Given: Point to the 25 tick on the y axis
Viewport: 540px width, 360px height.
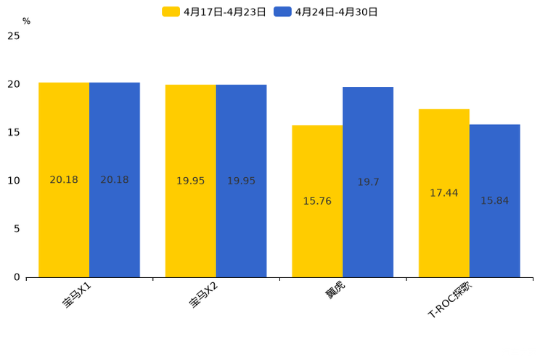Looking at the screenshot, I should [x=13, y=36].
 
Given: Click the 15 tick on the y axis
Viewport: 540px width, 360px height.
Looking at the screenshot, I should [x=13, y=132].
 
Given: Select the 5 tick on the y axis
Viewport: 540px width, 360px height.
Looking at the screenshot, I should [x=16, y=229].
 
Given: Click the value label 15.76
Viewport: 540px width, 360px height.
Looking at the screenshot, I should [x=317, y=201].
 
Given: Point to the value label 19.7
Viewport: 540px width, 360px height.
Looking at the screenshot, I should [x=368, y=182].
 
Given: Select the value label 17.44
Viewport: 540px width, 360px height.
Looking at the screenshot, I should [x=444, y=193].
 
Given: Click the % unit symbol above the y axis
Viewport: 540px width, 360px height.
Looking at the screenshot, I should [x=26, y=21].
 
